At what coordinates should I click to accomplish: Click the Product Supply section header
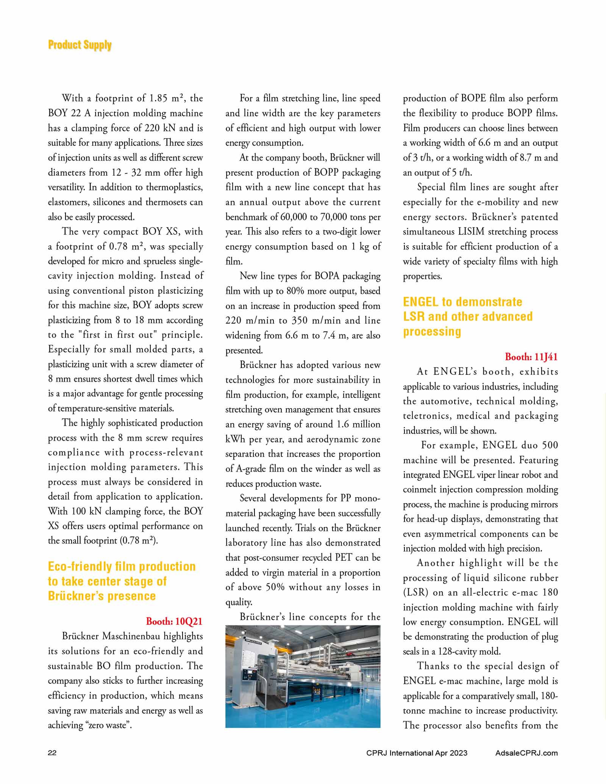(x=80, y=45)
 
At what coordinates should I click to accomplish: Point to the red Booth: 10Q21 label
(x=174, y=621)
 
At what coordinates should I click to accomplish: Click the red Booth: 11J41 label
(x=531, y=357)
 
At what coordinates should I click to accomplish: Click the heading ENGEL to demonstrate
(x=462, y=302)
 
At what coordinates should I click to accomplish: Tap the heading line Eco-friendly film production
(x=122, y=566)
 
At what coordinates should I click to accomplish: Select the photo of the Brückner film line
(x=303, y=676)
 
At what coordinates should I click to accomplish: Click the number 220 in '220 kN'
(x=152, y=128)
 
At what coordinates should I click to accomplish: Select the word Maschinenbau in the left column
(x=138, y=636)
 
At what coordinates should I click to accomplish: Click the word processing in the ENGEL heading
(x=432, y=331)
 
